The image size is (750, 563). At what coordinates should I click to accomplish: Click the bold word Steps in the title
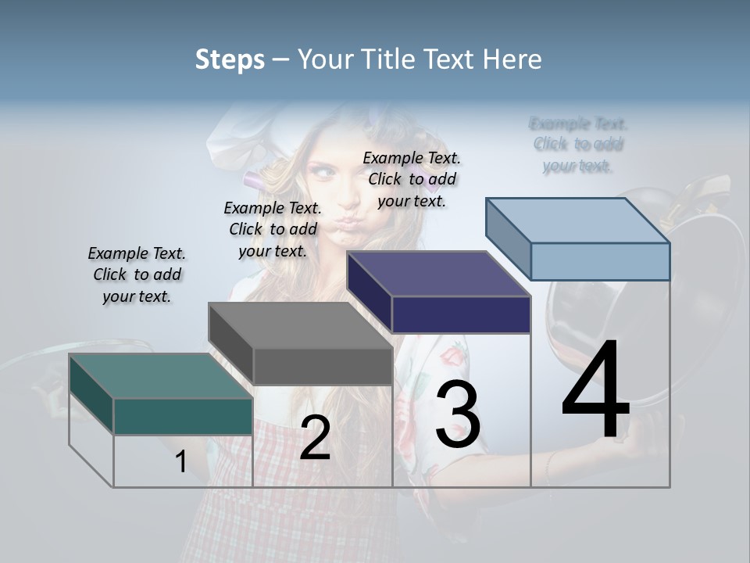click(x=230, y=59)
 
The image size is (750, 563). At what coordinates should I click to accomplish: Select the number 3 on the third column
click(x=458, y=414)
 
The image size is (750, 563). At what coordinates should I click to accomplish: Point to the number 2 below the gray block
click(x=315, y=439)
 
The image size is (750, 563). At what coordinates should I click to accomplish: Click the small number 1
click(x=180, y=462)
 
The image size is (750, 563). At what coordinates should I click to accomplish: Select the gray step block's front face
click(x=323, y=366)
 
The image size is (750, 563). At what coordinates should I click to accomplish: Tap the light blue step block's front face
click(x=600, y=261)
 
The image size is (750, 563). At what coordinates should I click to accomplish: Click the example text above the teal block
click(x=137, y=274)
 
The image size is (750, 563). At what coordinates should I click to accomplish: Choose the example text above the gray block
click(x=273, y=229)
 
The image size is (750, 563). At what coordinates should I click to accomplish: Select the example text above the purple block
click(x=412, y=179)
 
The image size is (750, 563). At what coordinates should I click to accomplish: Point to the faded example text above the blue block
click(x=578, y=145)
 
